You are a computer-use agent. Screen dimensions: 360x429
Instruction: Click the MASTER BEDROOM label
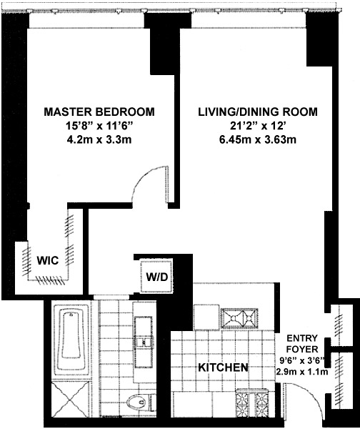pos(99,112)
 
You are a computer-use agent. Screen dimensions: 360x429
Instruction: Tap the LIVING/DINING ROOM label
pos(258,112)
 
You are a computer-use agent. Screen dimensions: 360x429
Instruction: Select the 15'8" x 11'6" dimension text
pos(99,126)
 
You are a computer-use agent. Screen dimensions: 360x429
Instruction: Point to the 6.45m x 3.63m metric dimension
pos(258,140)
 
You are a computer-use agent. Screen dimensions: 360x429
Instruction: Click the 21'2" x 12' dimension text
pos(258,126)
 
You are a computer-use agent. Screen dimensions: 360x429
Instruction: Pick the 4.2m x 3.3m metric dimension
pos(99,140)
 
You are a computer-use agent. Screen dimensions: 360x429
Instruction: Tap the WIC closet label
pos(48,260)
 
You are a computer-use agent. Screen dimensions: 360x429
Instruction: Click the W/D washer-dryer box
pos(156,277)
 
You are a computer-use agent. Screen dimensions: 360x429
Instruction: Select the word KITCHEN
pos(223,368)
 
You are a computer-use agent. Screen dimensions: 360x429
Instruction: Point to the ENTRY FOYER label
pos(302,344)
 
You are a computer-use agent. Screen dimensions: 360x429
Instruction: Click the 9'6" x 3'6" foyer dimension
pos(302,361)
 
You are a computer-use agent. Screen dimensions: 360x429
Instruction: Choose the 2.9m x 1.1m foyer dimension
pos(302,372)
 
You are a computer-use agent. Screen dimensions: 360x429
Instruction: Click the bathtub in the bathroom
pos(71,339)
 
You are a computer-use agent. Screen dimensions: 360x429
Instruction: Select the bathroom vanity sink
pos(143,342)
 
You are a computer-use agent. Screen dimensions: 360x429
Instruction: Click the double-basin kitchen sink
pos(239,318)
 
